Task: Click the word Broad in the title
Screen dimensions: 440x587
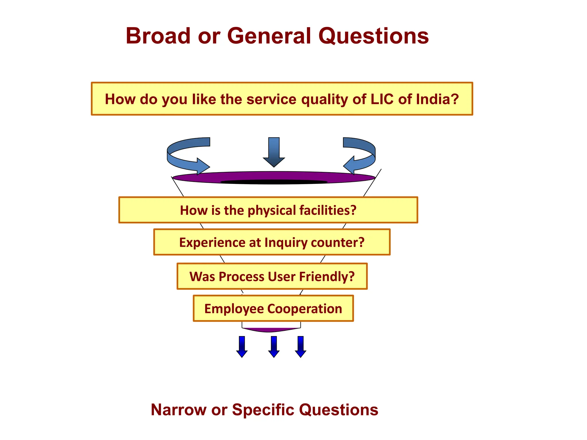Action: [x=158, y=36]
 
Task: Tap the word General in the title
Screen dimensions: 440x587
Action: [x=269, y=36]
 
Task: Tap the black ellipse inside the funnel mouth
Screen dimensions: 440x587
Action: [x=274, y=182]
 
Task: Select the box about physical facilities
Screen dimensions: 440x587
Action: [x=268, y=210]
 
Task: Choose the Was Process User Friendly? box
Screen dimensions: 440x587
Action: [x=272, y=276]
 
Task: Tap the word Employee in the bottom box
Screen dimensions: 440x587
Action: [x=234, y=309]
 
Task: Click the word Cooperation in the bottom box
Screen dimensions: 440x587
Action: [x=304, y=309]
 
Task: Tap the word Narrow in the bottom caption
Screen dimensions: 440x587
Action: [x=178, y=410]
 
